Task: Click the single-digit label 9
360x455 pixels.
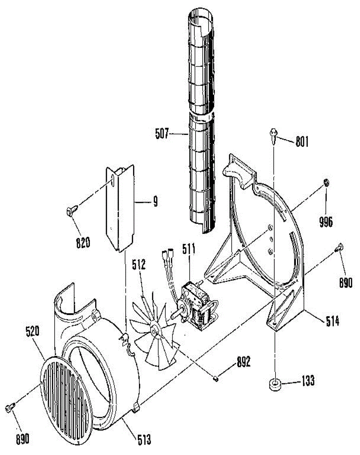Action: [155, 202]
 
